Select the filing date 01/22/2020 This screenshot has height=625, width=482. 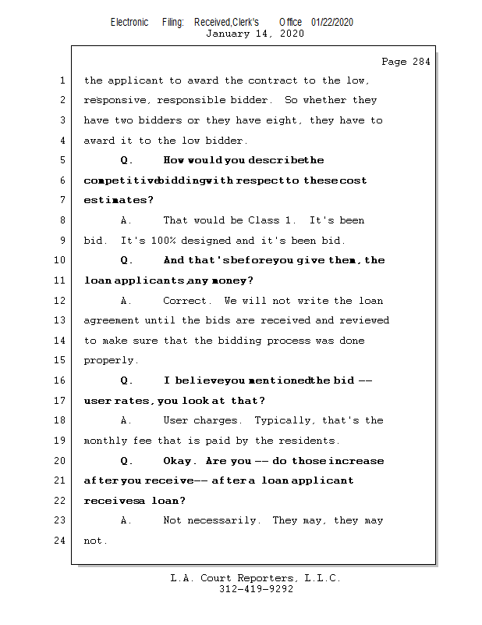[x=331, y=22]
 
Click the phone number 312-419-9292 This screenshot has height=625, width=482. [x=256, y=589]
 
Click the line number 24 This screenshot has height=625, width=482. [x=60, y=541]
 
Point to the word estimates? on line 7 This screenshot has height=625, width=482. [x=108, y=201]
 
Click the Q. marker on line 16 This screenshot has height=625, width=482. [x=127, y=380]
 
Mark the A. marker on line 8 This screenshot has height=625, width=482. [x=127, y=220]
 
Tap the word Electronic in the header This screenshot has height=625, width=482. [x=129, y=22]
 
